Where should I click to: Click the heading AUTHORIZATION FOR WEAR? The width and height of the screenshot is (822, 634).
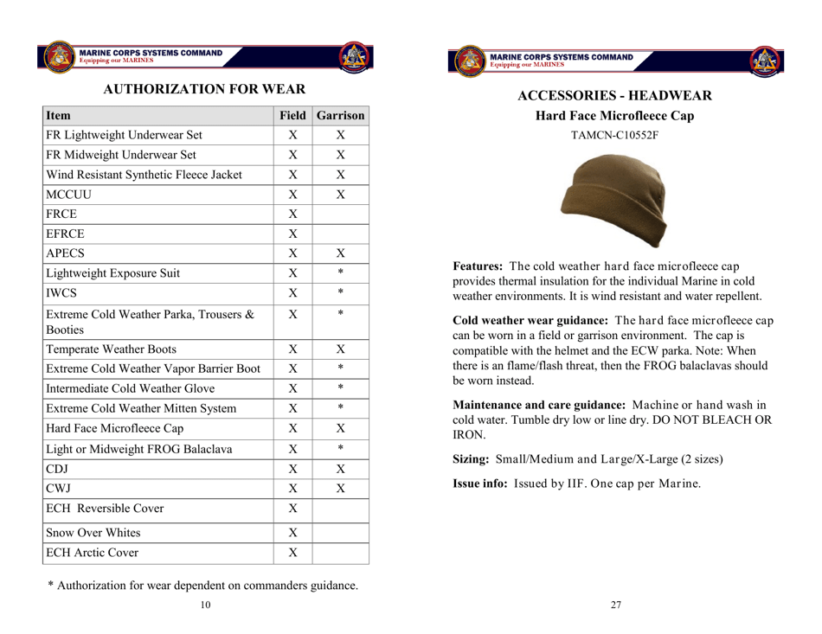[204, 88]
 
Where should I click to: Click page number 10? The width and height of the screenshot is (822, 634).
[204, 605]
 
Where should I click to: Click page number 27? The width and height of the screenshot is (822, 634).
[615, 605]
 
